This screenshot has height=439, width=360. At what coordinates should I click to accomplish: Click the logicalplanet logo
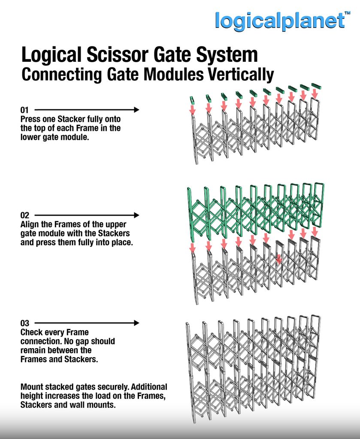coord(280,21)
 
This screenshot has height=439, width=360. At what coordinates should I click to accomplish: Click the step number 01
coord(24,110)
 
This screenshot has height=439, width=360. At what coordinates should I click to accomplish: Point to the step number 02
coord(24,215)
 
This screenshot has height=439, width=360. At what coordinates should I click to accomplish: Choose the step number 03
coord(24,323)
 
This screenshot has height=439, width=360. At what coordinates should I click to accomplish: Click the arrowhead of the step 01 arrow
coord(136,110)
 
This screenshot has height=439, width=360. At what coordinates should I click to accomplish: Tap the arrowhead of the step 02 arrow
coord(136,215)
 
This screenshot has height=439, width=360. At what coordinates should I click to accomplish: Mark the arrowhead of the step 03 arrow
coord(136,323)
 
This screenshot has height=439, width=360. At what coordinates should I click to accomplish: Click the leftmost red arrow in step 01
coord(192,109)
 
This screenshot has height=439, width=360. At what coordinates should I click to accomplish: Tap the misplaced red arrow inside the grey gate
coord(278,259)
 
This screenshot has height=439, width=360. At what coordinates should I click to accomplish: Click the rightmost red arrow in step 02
coord(315,232)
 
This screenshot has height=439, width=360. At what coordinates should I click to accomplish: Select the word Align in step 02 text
coord(30,225)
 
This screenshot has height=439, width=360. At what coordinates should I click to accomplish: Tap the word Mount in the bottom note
coord(32,387)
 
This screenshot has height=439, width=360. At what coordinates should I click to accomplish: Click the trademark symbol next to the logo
coord(348,13)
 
